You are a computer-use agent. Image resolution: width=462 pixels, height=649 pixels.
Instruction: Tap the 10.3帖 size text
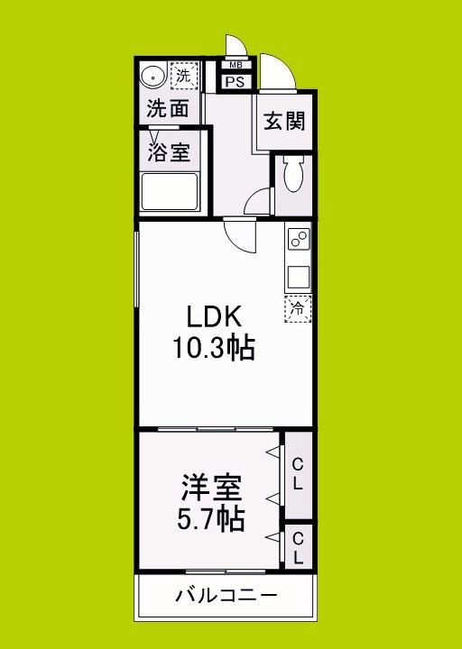click(x=214, y=348)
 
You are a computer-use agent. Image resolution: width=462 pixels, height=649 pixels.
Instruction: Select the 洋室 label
click(x=214, y=490)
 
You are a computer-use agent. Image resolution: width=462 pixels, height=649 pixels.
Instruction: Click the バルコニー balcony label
click(x=226, y=595)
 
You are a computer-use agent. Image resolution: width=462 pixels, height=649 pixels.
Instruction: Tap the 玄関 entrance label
click(x=282, y=122)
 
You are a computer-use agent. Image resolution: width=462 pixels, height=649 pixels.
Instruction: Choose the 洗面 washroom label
click(x=168, y=110)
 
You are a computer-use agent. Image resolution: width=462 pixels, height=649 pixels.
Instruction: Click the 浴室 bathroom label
click(x=169, y=151)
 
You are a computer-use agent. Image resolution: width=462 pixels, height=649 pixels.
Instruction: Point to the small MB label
click(x=236, y=65)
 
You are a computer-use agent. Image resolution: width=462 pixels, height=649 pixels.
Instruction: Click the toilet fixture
click(x=292, y=175)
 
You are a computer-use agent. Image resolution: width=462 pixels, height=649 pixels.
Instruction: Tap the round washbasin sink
click(x=152, y=76)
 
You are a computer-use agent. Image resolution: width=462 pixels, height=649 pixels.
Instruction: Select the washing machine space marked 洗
click(x=184, y=76)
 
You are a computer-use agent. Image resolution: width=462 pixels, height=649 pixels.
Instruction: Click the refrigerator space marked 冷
click(x=298, y=307)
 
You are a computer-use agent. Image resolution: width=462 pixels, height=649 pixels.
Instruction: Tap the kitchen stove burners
click(x=298, y=241)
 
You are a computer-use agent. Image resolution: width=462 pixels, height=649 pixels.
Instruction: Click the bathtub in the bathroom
click(x=171, y=192)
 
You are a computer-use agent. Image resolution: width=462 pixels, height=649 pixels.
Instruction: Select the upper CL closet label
click(x=297, y=473)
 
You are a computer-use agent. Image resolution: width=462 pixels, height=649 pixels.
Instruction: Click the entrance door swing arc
click(x=275, y=69)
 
